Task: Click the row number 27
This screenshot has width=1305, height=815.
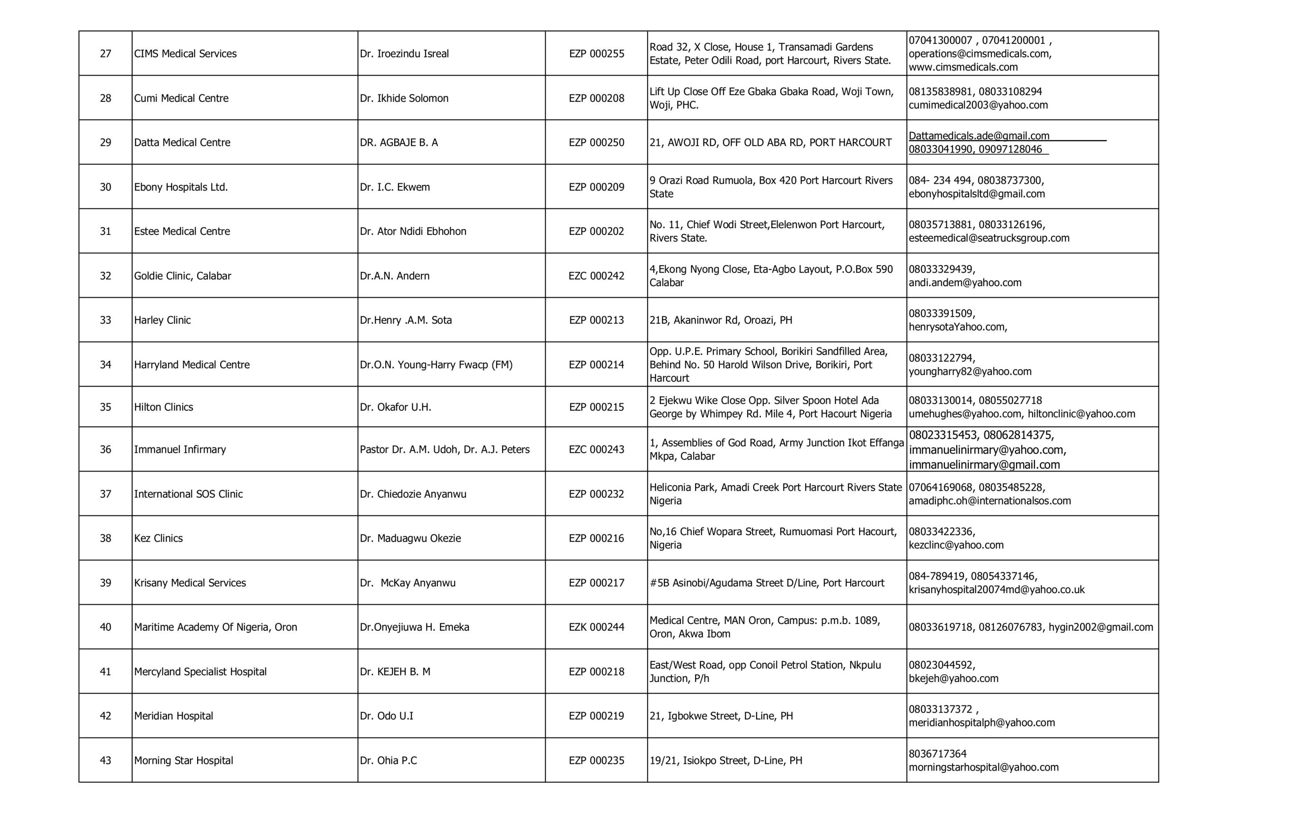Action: pos(105,53)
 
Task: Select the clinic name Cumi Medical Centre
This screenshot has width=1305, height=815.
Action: pos(181,98)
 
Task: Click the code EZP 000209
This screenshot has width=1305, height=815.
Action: pos(596,187)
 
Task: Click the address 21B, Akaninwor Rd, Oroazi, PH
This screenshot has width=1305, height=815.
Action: pos(720,320)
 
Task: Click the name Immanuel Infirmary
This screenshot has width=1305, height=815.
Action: pos(179,450)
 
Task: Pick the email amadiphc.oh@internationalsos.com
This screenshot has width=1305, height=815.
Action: pos(990,501)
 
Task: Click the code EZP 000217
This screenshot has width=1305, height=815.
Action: pos(596,583)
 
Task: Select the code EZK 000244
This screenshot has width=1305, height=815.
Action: pos(596,627)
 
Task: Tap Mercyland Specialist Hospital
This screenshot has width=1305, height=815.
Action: pos(200,671)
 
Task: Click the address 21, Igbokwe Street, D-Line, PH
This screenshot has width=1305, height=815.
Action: pos(721,716)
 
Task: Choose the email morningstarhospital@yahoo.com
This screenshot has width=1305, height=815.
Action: pos(983,767)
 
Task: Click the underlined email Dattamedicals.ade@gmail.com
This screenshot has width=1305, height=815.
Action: pos(979,136)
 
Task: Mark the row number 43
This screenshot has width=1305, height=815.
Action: pos(105,761)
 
